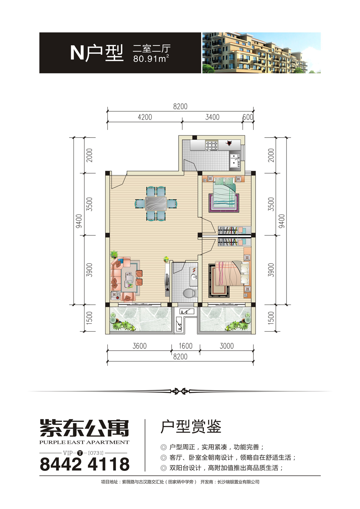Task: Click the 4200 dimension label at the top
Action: click(x=145, y=117)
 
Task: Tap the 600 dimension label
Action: click(x=248, y=117)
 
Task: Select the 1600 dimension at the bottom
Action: click(x=186, y=346)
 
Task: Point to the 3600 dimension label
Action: click(x=140, y=346)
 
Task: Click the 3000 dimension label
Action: click(x=226, y=346)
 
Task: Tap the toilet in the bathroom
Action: click(x=189, y=293)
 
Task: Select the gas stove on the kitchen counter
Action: click(x=212, y=145)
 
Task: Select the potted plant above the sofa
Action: click(x=114, y=254)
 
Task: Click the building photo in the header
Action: click(x=261, y=53)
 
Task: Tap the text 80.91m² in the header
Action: click(x=151, y=59)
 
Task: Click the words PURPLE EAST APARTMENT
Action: click(x=84, y=442)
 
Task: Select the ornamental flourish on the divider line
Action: click(x=180, y=391)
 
